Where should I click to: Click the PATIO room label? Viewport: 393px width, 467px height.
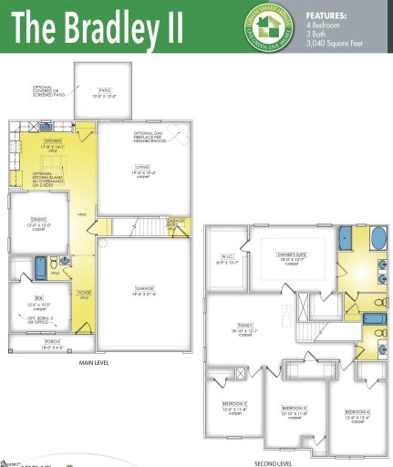pos(106,91)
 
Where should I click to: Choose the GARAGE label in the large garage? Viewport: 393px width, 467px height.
pos(140,287)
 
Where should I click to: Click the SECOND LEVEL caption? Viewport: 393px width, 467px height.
pos(273,462)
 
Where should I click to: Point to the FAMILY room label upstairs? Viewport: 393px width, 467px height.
pos(244,325)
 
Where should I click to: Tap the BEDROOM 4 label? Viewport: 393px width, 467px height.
pos(357,413)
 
